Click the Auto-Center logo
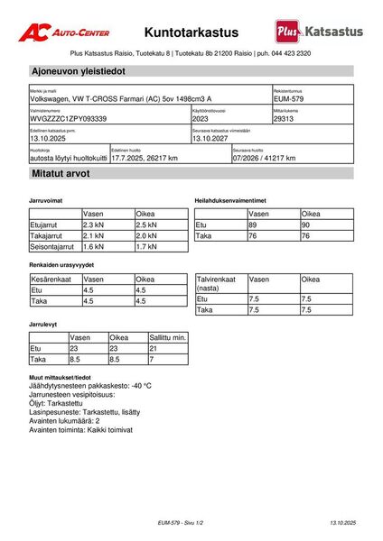(x=64, y=32)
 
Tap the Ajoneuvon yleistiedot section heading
(x=78, y=70)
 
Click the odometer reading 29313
(x=285, y=118)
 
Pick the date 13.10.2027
(x=212, y=138)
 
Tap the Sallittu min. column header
(x=167, y=336)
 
